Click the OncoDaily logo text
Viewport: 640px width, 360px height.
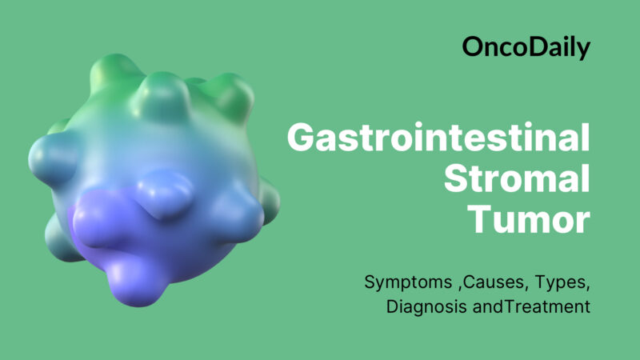526,48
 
